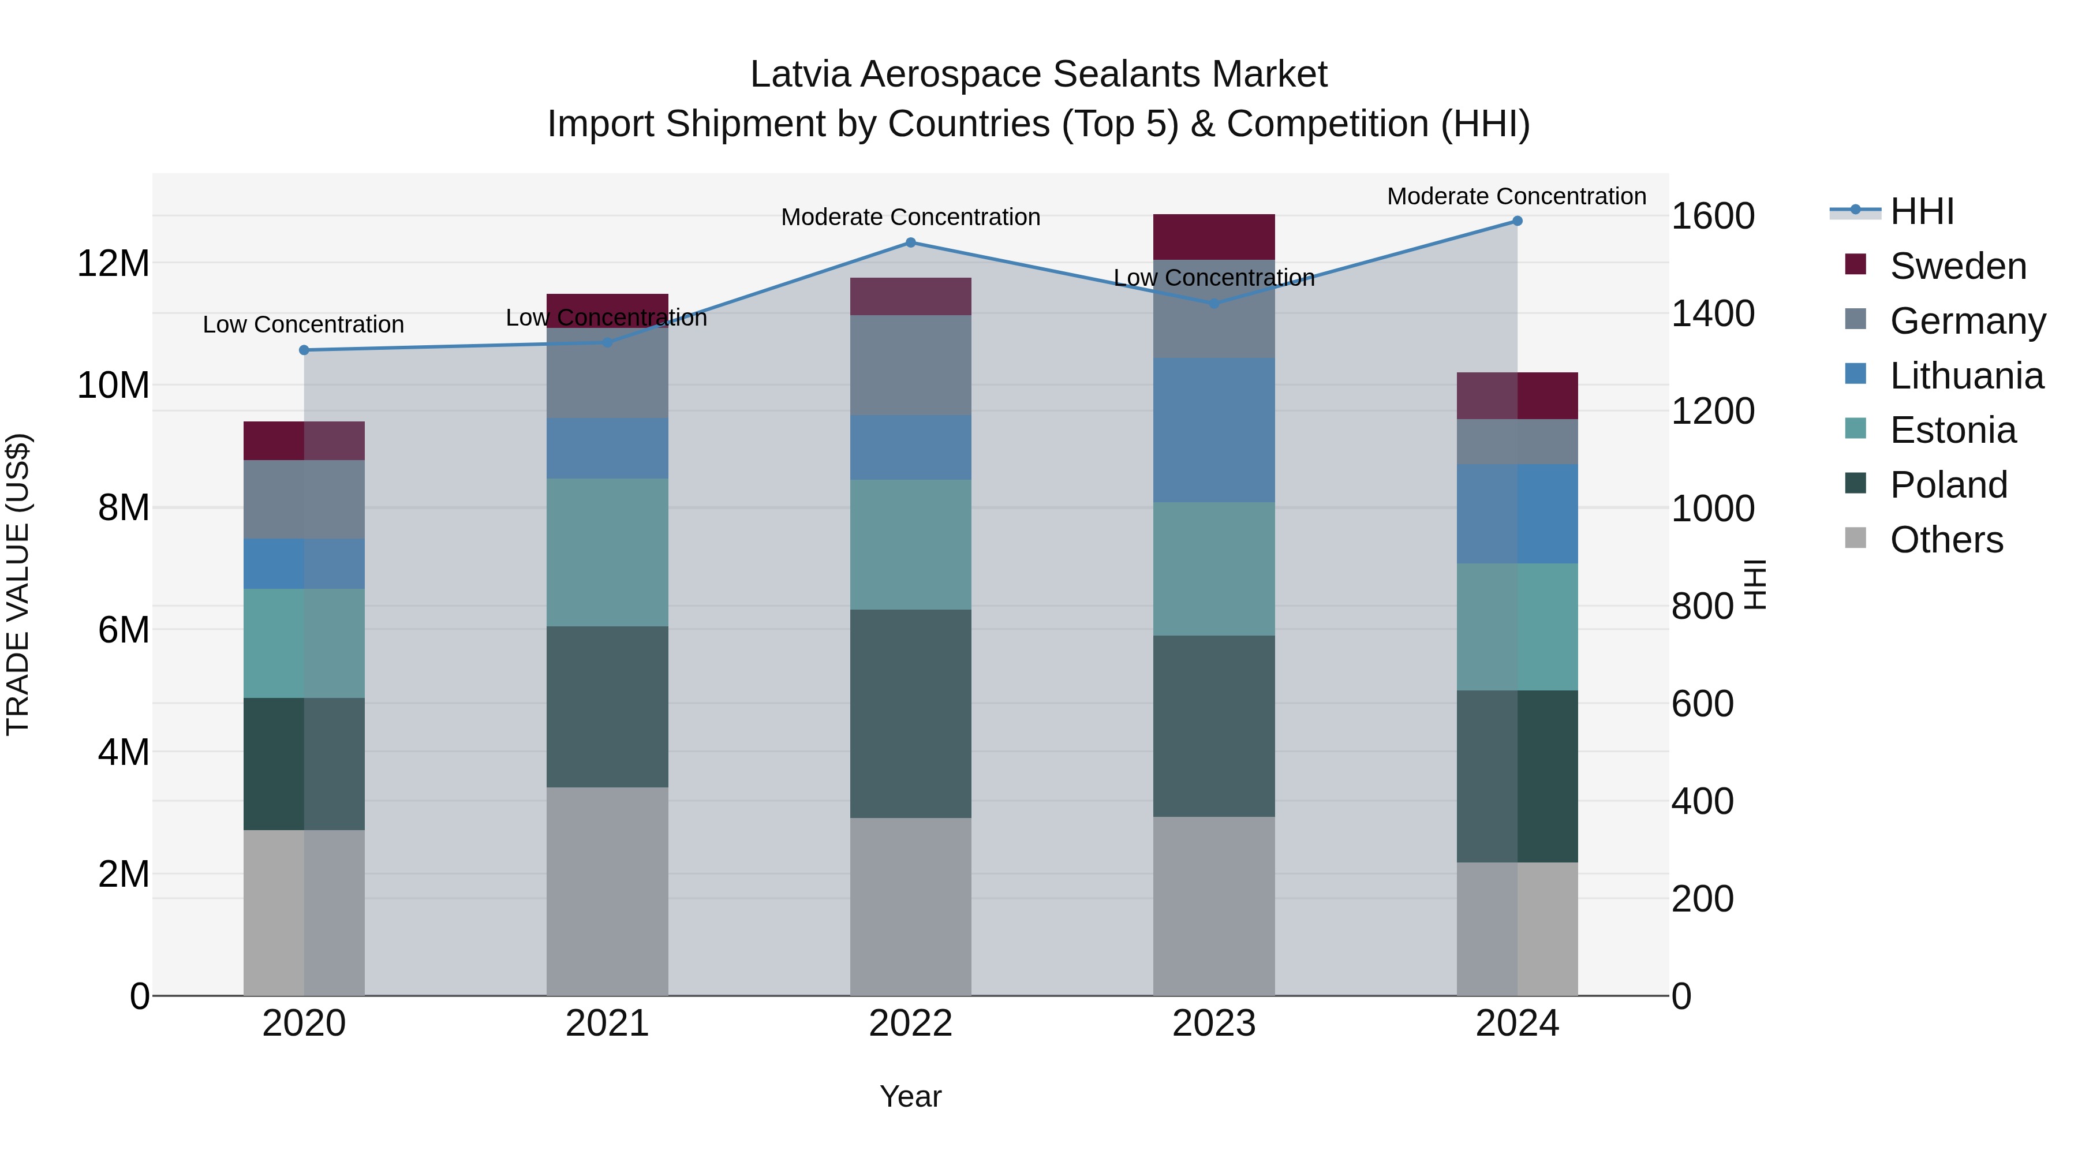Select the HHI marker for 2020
point(304,350)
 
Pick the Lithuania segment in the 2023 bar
point(1213,430)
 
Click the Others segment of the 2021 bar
point(607,891)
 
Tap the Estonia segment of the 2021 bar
point(607,552)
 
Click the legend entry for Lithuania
point(1966,376)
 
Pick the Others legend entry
point(1946,540)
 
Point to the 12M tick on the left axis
point(113,264)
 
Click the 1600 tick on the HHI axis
point(1713,216)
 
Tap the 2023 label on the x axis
point(1213,1024)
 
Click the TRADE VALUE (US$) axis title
point(18,584)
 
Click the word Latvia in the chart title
point(799,74)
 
